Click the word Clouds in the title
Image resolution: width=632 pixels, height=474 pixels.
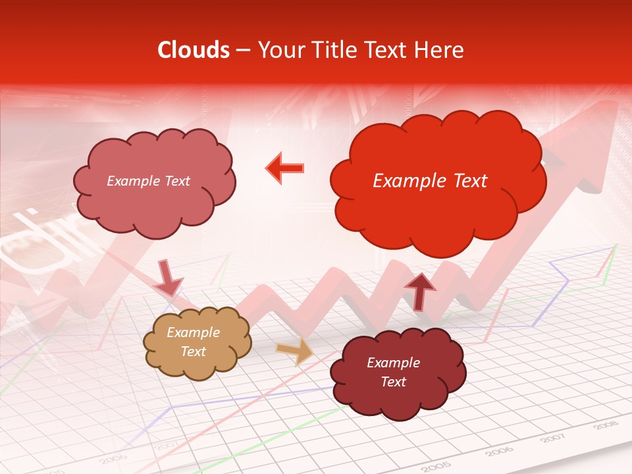[x=194, y=50]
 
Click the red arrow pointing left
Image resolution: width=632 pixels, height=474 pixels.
[x=285, y=168]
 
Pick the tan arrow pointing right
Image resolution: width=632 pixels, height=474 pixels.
[x=296, y=350]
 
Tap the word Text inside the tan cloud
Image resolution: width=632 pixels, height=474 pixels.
[x=194, y=352]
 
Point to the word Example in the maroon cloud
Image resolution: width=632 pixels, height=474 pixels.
[x=393, y=363]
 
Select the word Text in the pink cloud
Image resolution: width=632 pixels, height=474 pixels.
[x=176, y=181]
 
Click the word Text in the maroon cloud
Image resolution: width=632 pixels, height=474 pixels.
[x=393, y=382]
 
